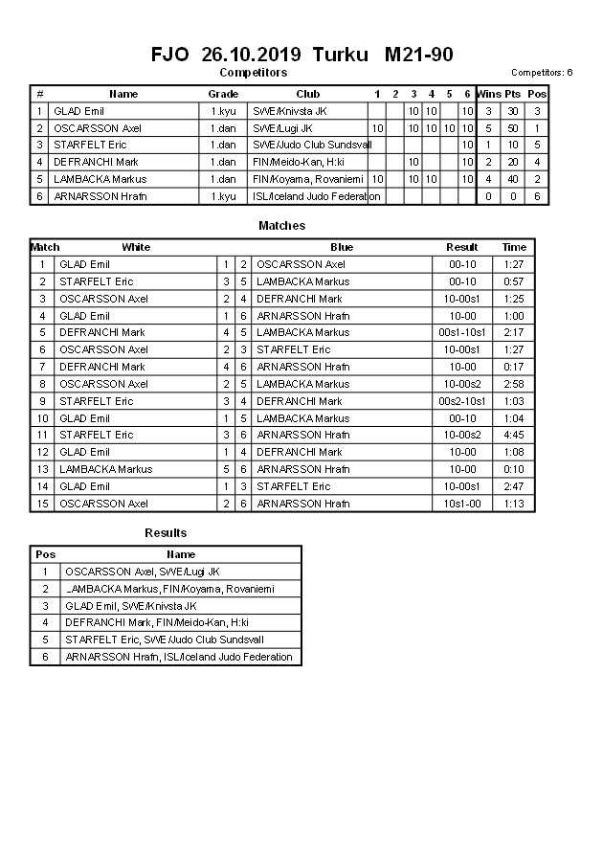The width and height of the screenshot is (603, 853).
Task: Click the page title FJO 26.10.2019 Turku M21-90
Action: [x=301, y=55]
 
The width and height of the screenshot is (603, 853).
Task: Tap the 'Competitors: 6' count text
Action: [x=542, y=73]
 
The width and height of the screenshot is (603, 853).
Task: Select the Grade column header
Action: [x=223, y=94]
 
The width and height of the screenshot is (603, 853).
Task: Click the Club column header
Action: [x=307, y=94]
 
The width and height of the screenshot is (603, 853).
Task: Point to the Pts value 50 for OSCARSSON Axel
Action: [x=512, y=128]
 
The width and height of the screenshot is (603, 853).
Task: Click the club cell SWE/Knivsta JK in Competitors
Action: [x=288, y=111]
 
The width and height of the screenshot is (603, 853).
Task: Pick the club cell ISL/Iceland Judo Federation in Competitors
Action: [x=316, y=196]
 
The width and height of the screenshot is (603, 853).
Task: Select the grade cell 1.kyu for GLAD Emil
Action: [x=223, y=111]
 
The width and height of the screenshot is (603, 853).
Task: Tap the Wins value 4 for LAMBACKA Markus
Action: [x=488, y=179]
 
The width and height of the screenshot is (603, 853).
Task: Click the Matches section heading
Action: [x=282, y=226]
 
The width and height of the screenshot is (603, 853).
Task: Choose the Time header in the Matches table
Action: [x=514, y=247]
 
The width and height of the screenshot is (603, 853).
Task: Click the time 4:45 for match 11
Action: [x=514, y=435]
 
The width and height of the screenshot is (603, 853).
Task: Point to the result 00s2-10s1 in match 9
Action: [x=462, y=401]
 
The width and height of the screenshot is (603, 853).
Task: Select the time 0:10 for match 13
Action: [x=514, y=469]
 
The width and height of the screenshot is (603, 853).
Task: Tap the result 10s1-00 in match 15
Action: [x=462, y=504]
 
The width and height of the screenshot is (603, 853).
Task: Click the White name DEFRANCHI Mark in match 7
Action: [x=102, y=367]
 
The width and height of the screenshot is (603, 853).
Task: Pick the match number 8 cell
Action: [x=42, y=384]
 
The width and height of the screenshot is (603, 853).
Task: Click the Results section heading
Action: [x=166, y=533]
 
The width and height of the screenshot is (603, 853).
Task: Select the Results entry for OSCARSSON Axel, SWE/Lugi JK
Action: [x=142, y=572]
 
